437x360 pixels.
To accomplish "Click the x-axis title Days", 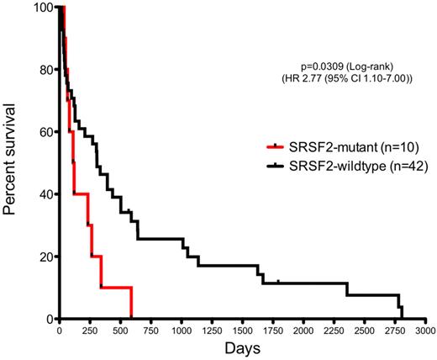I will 243,348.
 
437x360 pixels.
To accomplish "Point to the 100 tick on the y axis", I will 42,8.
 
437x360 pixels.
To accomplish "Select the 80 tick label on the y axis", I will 45,70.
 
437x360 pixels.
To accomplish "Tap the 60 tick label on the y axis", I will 45,132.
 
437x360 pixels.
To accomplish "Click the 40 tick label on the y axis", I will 45,194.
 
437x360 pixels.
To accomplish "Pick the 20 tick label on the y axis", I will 45,257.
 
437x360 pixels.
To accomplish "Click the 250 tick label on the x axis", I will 89,331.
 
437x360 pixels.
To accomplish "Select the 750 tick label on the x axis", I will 150,331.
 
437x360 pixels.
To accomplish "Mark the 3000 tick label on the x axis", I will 424,331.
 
